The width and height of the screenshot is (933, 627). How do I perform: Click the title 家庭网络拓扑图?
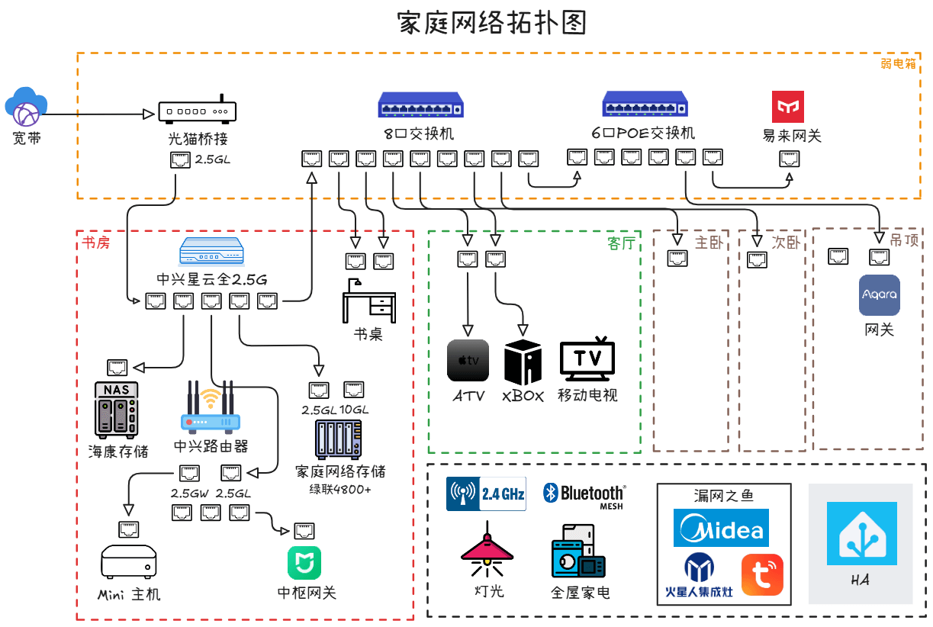(492, 23)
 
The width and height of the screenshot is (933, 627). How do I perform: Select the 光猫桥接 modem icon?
(198, 111)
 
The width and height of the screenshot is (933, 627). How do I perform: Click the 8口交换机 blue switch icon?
(421, 104)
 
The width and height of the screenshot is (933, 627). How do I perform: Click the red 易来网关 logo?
(788, 107)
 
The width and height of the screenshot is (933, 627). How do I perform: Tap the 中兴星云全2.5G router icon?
(211, 251)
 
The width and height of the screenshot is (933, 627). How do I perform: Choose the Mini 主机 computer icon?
(129, 561)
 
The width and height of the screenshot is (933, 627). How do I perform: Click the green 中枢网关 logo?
(304, 563)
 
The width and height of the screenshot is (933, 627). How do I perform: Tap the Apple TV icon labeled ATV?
(468, 360)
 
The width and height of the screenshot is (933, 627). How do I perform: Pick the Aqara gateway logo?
(880, 294)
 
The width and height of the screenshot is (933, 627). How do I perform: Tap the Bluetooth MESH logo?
(584, 495)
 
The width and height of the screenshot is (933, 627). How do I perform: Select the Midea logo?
(721, 529)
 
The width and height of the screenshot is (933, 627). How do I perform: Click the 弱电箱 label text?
(898, 63)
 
